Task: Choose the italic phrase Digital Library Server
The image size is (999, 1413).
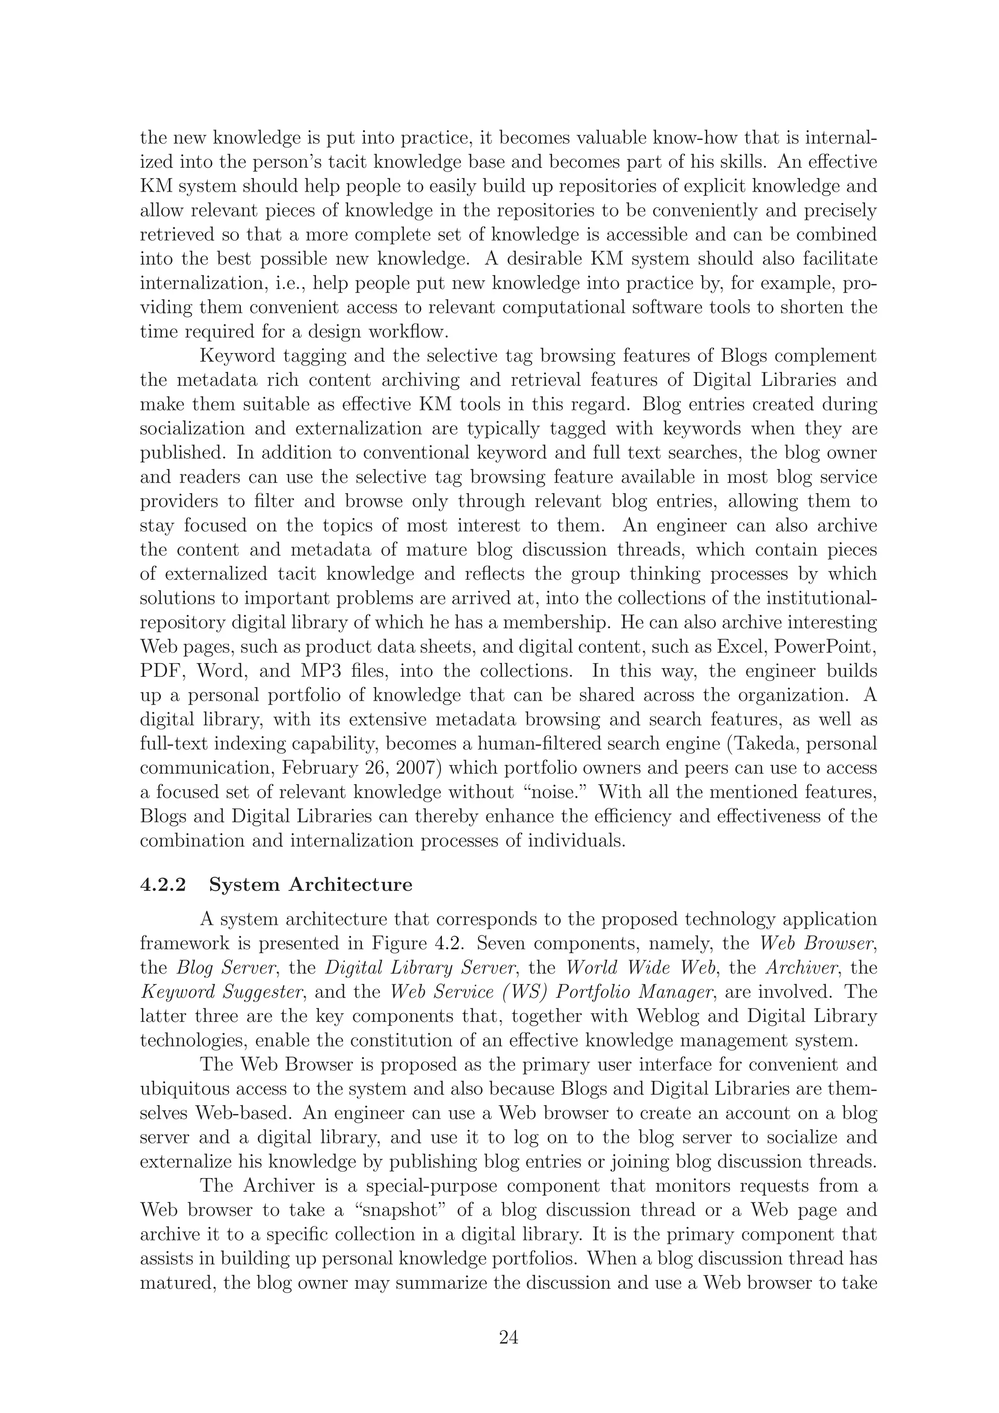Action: (x=420, y=967)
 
